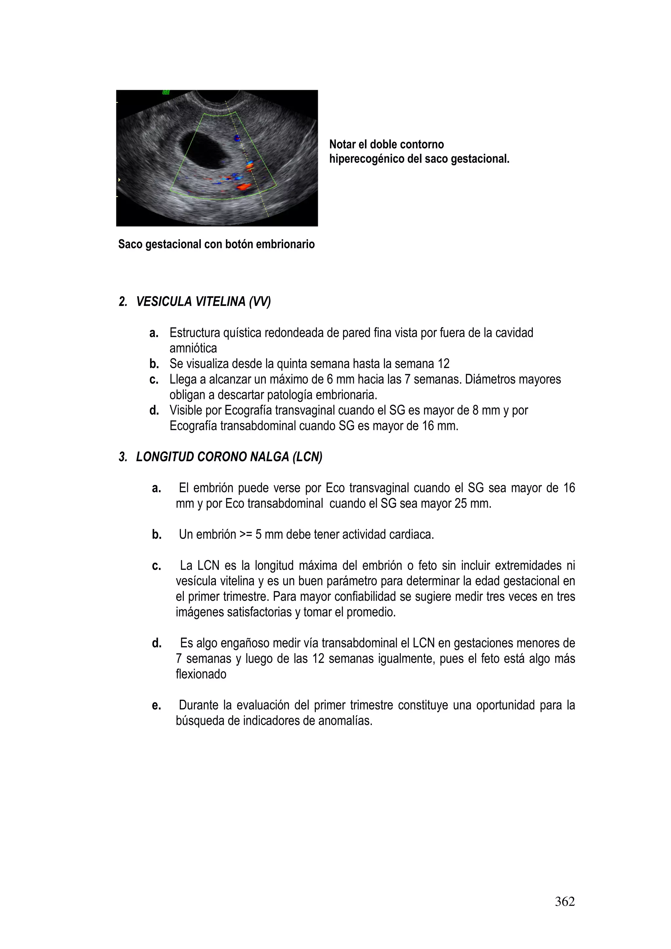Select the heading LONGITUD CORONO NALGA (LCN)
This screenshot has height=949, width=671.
[229, 457]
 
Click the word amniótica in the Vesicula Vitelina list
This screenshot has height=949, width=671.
[193, 349]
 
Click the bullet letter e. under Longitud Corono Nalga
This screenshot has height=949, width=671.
[156, 706]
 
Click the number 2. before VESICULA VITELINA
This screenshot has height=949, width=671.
[123, 302]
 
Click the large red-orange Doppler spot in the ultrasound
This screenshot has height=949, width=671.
[243, 187]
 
